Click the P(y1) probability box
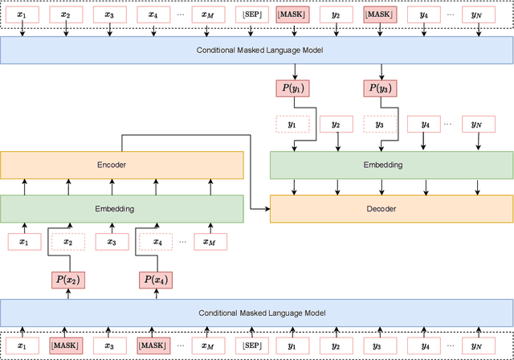(x=292, y=88)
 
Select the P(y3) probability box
(x=380, y=88)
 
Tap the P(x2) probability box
(x=67, y=280)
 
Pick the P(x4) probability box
(x=157, y=280)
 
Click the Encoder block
(x=121, y=165)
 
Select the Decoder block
(x=390, y=209)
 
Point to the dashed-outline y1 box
(x=292, y=125)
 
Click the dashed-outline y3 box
(x=380, y=125)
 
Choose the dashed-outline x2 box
(x=67, y=242)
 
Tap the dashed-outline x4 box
(x=157, y=242)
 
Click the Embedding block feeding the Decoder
(x=390, y=165)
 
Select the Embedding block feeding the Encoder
(x=121, y=209)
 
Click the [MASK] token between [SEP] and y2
(x=292, y=14)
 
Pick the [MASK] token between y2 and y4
(x=380, y=14)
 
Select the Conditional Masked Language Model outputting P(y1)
(x=256, y=50)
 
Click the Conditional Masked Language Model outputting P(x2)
(x=256, y=313)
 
